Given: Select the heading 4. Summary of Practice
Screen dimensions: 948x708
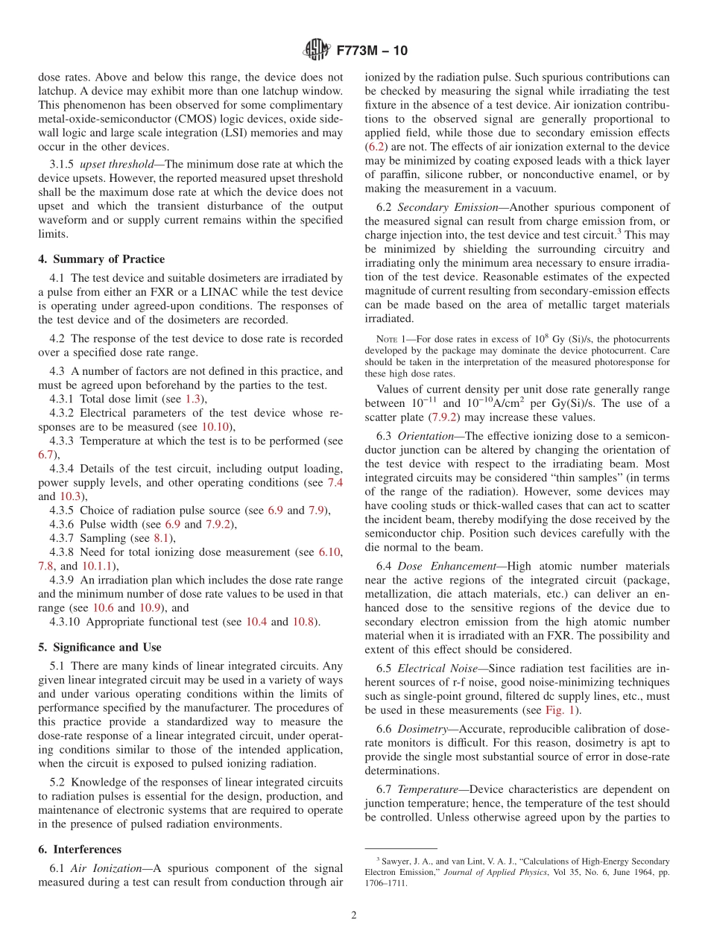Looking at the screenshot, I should (x=101, y=259).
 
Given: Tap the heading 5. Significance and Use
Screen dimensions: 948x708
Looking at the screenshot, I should (x=100, y=648).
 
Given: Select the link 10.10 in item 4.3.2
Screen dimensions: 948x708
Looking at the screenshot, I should (x=217, y=426).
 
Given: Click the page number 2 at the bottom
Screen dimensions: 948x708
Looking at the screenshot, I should (x=354, y=916).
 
